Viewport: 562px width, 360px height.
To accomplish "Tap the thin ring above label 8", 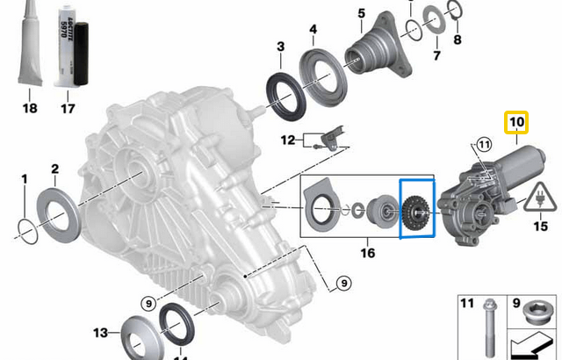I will tap(455, 10).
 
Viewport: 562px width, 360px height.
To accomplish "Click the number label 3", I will tap(279, 47).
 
